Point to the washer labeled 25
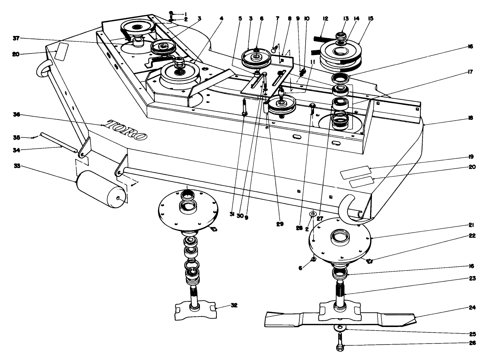click(341, 327)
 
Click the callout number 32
click(234, 305)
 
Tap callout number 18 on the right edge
click(471, 118)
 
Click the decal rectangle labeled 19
click(355, 172)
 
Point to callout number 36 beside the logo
click(16, 115)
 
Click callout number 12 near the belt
click(325, 18)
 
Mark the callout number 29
click(280, 224)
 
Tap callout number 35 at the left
click(17, 138)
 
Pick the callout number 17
click(471, 72)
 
